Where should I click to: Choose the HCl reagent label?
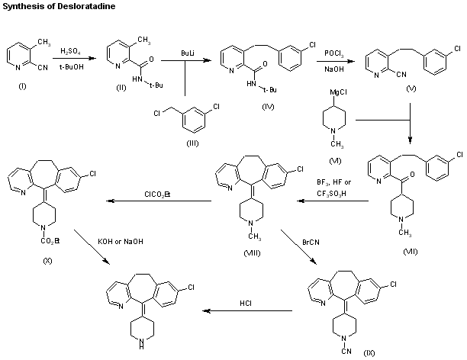click(246, 303)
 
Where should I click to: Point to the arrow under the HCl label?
click(246, 310)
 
